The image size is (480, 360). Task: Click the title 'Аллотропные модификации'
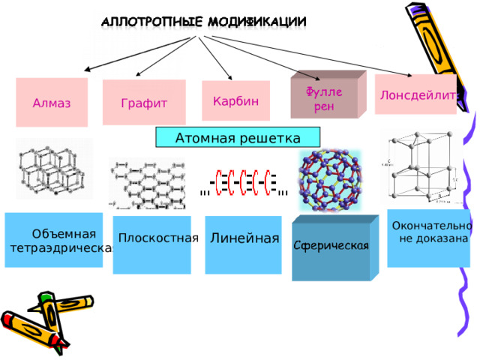[203, 22]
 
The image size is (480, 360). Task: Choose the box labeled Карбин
[235, 101]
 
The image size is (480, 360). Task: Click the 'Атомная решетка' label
[237, 138]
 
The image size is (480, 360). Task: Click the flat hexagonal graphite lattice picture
[147, 184]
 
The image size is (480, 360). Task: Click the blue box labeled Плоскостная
[152, 244]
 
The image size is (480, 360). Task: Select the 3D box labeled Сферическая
[331, 247]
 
